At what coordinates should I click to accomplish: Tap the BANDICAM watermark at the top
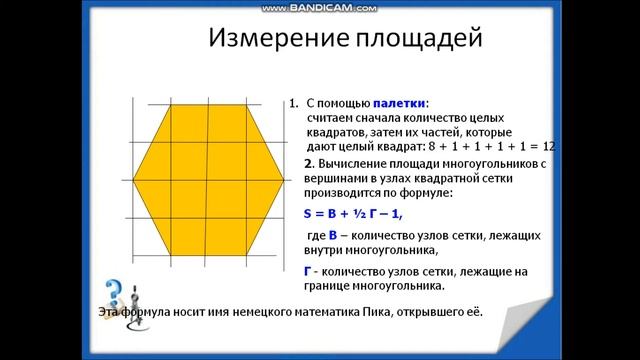[x=320, y=6]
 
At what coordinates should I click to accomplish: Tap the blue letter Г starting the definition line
[x=307, y=271]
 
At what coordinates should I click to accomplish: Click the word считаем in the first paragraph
[x=334, y=118]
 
